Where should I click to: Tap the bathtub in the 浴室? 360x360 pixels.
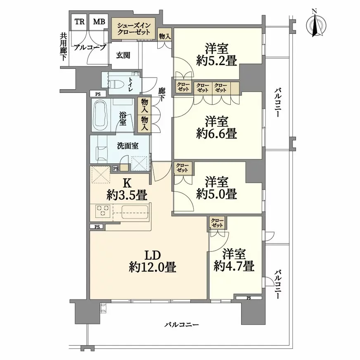101,115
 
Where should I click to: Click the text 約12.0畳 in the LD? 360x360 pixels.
152,268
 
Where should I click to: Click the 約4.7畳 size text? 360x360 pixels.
234,266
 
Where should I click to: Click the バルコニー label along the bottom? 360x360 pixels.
182,324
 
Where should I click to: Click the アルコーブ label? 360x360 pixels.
90,47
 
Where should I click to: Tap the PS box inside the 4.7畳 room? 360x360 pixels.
249,298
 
